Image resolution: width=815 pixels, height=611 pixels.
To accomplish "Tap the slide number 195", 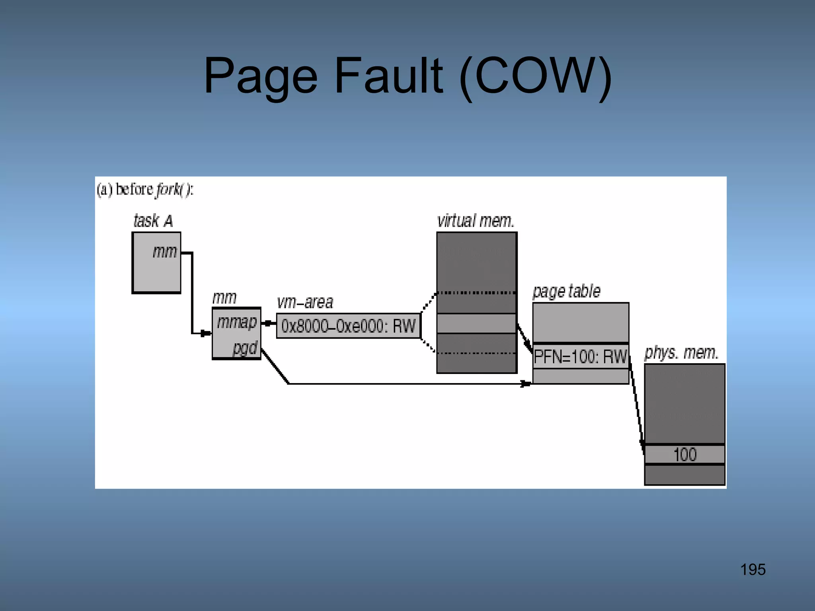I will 753,570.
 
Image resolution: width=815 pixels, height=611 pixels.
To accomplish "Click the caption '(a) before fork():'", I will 145,189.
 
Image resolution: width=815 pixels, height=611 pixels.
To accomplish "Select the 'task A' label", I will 153,221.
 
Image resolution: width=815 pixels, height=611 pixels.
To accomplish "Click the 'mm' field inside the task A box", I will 164,252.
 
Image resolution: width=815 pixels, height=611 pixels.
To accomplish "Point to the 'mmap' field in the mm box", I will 237,322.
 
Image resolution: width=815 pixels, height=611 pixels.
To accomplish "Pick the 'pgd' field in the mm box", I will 245,348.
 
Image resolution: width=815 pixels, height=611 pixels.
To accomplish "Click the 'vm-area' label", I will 305,302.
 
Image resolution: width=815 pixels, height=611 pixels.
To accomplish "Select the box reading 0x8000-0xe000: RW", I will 348,326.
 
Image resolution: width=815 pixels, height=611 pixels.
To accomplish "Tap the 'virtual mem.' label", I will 476,221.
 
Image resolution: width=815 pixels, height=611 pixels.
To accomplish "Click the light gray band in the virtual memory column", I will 476,323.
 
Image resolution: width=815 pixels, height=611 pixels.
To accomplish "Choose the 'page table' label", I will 566,291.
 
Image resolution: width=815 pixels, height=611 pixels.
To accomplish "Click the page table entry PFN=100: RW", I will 580,356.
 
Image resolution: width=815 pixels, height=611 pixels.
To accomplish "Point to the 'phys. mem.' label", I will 681,352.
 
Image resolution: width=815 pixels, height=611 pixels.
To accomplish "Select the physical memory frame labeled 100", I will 684,454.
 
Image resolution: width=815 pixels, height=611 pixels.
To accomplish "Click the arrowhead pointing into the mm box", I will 206,333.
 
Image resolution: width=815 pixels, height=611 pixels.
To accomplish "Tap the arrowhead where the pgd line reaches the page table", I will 526,384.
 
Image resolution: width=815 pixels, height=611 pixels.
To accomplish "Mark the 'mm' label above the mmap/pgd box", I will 224,298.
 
